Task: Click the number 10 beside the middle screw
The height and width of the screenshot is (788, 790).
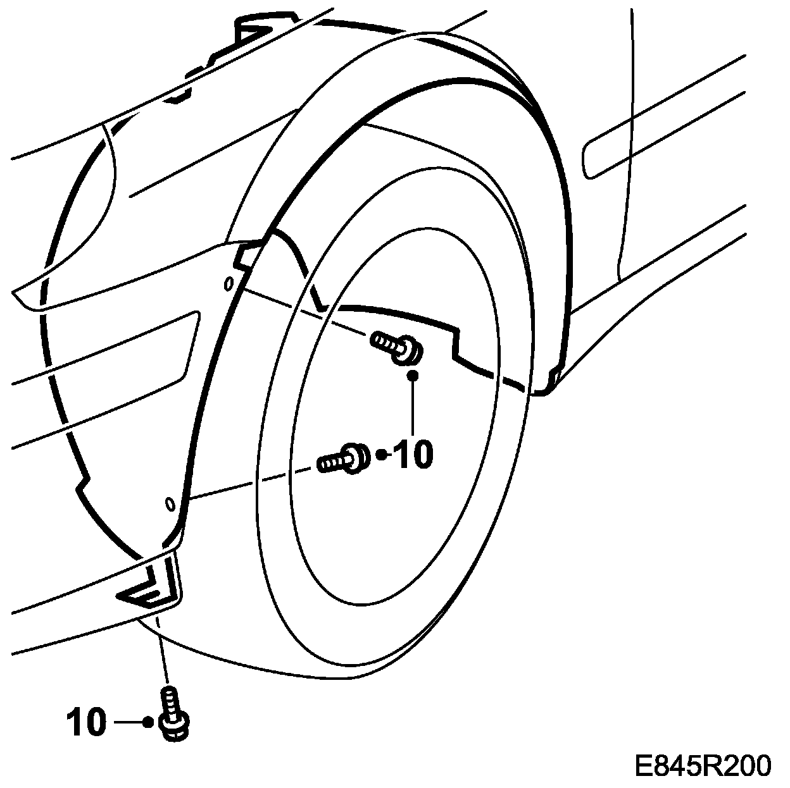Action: pos(413,455)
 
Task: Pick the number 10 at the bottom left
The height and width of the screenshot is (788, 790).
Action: pos(87,722)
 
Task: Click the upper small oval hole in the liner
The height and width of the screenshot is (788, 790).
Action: pos(229,284)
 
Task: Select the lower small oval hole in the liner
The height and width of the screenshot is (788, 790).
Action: pos(169,503)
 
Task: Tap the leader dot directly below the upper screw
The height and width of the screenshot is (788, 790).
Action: pos(412,376)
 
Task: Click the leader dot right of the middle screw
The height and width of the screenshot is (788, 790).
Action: pos(381,454)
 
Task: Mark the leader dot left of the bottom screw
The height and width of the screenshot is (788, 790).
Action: pos(148,722)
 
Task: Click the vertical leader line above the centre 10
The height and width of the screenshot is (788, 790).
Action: pos(412,405)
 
